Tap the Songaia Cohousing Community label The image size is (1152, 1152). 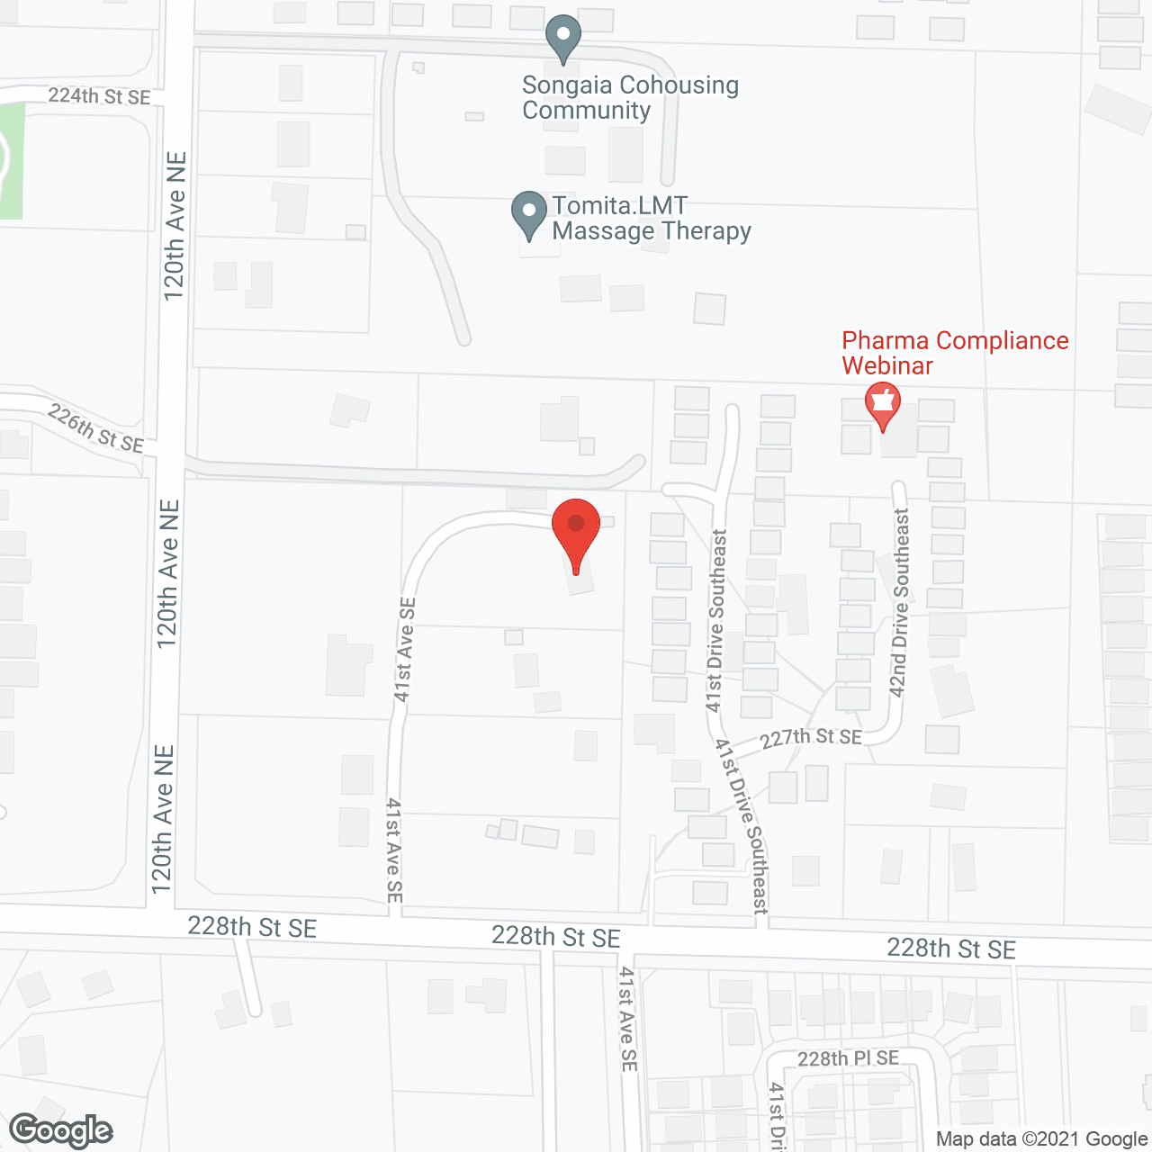tap(629, 98)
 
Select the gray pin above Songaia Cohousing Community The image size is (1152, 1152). tap(563, 40)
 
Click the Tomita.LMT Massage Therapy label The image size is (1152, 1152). tap(651, 219)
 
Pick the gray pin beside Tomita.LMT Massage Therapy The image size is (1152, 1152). tap(529, 215)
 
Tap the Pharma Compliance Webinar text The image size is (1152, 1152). tap(954, 353)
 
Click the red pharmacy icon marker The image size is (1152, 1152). tap(882, 405)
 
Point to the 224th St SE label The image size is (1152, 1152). tap(99, 96)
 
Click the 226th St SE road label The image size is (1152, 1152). tap(95, 428)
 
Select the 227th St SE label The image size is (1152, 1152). tap(811, 738)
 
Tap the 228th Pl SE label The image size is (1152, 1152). tap(848, 1058)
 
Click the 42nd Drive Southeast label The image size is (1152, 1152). tap(900, 603)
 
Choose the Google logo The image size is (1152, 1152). tap(61, 1130)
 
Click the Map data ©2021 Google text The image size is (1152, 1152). tap(1041, 1139)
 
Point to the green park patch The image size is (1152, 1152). tap(10, 162)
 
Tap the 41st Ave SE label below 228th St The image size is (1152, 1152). tap(628, 1019)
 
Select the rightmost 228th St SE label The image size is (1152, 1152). tap(950, 949)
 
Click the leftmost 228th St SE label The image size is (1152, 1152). tap(252, 927)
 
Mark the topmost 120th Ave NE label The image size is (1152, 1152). tap(175, 225)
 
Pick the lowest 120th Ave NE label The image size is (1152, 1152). tap(163, 819)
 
